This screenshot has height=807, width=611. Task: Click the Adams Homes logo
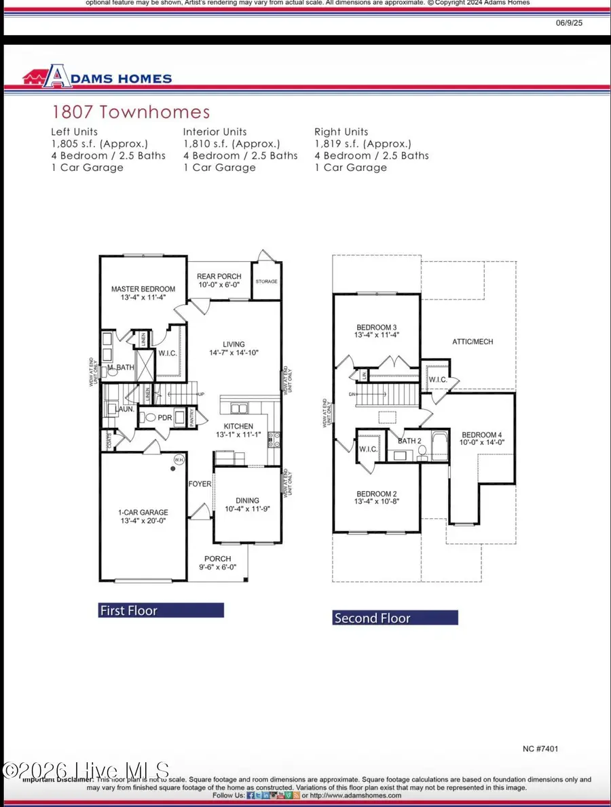click(97, 78)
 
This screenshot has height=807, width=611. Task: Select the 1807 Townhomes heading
click(131, 113)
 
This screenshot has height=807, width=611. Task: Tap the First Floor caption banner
click(161, 610)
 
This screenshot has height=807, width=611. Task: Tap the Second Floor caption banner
click(395, 618)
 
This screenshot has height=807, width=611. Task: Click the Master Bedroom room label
click(143, 289)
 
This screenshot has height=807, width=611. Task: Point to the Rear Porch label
click(219, 276)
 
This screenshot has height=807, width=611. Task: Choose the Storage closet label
click(265, 281)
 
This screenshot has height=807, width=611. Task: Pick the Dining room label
click(247, 498)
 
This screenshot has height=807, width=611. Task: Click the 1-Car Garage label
click(143, 513)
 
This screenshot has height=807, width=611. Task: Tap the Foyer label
click(200, 484)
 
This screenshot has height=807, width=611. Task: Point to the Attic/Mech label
click(473, 342)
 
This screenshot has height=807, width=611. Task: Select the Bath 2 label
click(410, 441)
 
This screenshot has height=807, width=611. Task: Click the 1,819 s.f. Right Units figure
click(363, 144)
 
